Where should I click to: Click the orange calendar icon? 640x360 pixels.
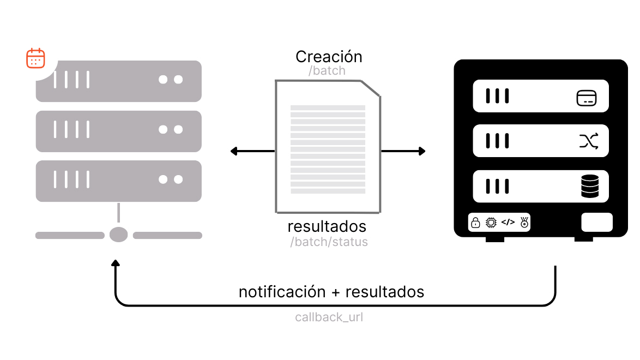coord(35,58)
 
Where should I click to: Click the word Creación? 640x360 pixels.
coord(329,56)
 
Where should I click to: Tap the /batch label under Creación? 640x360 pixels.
coord(327,71)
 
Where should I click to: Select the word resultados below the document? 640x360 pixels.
coord(327,226)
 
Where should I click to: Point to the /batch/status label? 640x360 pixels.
coord(329,242)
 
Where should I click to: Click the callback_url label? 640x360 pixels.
coord(329,317)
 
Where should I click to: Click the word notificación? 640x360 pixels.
coord(282,292)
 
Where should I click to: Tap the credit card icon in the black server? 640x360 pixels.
coord(586,98)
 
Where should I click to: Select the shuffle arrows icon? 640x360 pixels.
coord(589,141)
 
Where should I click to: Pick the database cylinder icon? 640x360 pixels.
coord(589,187)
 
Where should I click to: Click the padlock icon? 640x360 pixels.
coord(475,223)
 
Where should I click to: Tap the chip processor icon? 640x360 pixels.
coord(491,223)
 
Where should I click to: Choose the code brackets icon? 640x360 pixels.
coord(508,222)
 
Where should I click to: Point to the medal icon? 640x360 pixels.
coord(524,223)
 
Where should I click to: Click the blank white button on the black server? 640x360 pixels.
coord(597,222)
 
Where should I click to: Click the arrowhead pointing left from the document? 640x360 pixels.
coord(234,151)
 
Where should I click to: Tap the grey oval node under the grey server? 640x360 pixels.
coord(118,235)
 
